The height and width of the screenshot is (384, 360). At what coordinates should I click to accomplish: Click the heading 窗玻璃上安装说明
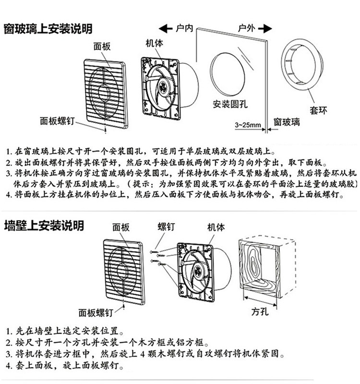tap(48, 29)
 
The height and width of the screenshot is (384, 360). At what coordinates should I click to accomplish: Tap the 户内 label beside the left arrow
tap(184, 28)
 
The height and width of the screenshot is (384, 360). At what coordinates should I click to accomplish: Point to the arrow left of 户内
tap(166, 28)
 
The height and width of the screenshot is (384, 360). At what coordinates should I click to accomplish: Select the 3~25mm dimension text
tap(248, 125)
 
